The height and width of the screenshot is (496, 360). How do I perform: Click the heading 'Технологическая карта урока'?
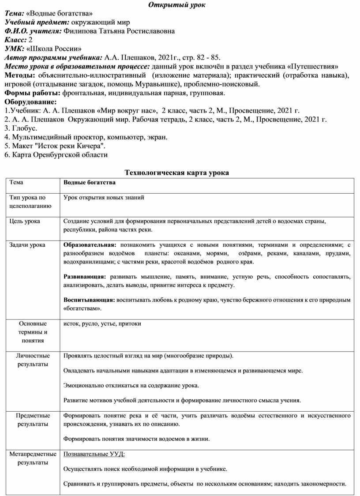click(177, 173)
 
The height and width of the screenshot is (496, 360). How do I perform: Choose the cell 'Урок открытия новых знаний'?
click(104, 198)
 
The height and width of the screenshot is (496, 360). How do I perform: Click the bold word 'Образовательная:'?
click(90, 245)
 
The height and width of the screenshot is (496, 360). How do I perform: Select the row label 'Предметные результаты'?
click(33, 420)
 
